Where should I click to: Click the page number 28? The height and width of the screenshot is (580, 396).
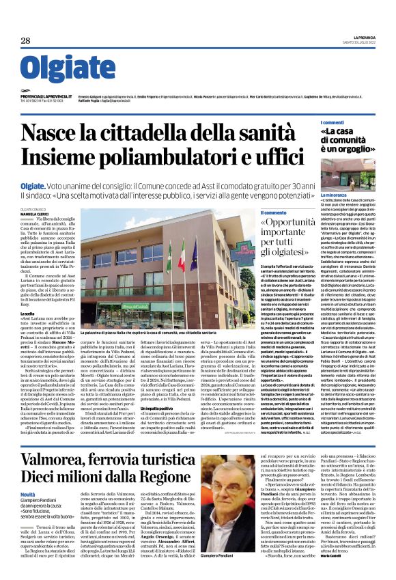[26, 40]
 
